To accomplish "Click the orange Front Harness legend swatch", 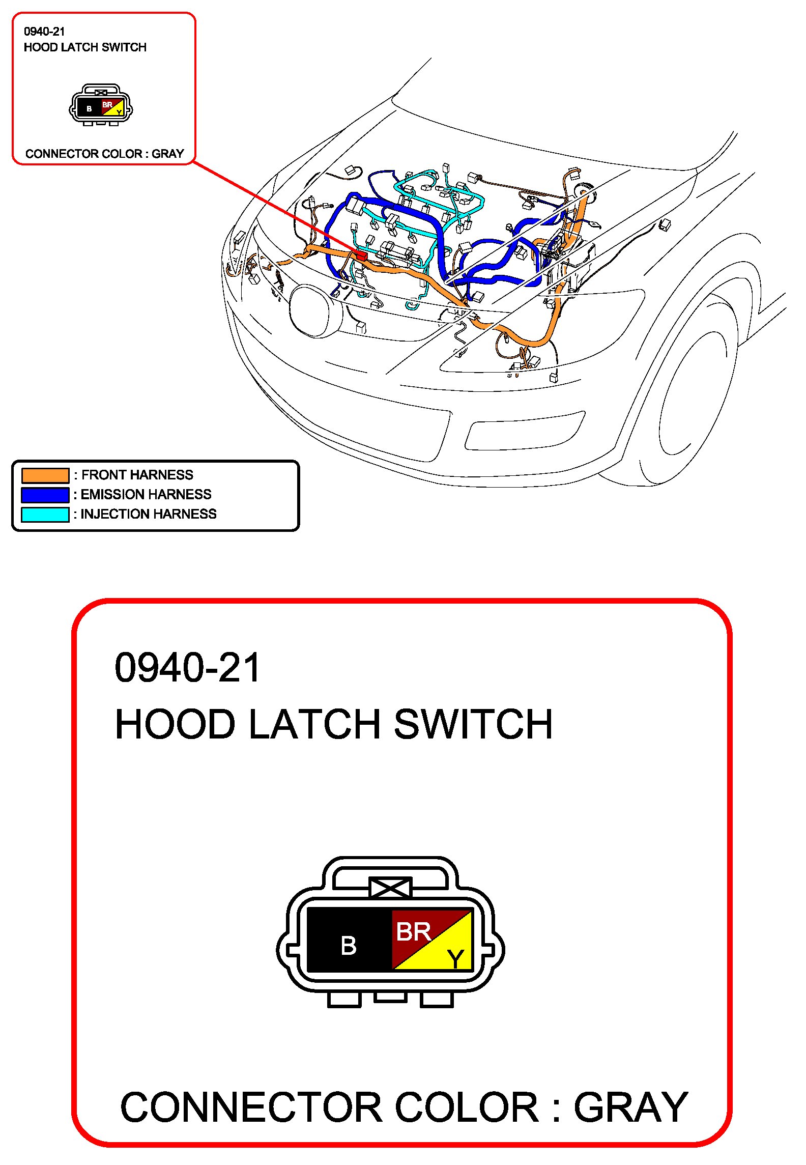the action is coord(45,475).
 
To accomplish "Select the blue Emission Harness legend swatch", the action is coord(45,495).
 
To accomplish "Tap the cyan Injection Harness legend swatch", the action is coord(45,515).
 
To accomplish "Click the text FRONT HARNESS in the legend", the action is coord(137,475).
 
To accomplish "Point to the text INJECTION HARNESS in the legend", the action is coord(149,514).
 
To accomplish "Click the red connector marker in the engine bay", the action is coord(361,255).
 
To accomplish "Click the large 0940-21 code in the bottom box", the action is coord(187,668).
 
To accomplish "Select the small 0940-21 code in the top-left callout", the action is coord(44,32).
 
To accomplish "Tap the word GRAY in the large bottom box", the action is coord(631,1107).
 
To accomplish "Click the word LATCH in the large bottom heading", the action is coord(314,724).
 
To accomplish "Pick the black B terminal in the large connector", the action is coord(349,946).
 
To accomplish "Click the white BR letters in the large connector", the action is coord(413,932).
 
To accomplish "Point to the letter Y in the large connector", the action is coord(455,959).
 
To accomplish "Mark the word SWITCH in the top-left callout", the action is coord(124,47).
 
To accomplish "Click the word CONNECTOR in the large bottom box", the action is coord(251,1107).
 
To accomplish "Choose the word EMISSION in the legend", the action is coord(113,494).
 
